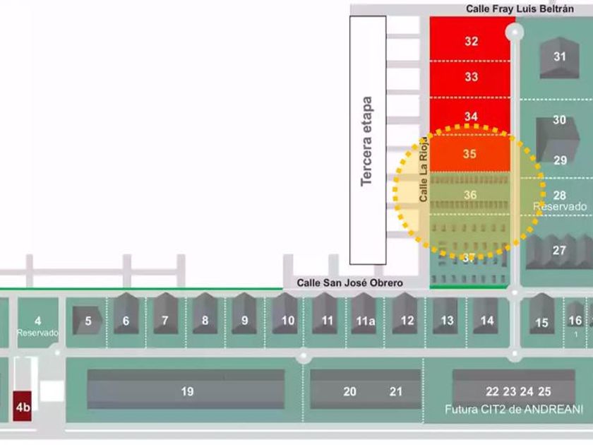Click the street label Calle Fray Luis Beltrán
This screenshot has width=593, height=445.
tap(520, 8)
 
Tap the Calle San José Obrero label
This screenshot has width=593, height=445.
tap(349, 283)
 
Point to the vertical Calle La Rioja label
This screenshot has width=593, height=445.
tap(424, 170)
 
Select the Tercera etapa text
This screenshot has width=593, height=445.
tap(366, 141)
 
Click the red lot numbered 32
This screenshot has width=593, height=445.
tap(471, 41)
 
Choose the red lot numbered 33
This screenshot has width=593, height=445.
tap(471, 76)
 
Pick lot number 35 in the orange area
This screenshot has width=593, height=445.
tap(469, 153)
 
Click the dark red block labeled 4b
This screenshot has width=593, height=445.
tap(23, 407)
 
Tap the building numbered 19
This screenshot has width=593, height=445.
tap(186, 391)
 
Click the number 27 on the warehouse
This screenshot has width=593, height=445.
tap(560, 250)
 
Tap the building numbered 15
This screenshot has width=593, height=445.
tap(541, 322)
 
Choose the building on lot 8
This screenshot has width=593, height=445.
tap(205, 320)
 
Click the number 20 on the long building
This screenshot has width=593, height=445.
tap(349, 391)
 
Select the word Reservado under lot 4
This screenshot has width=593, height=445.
tap(37, 332)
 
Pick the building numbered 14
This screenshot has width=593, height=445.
tap(487, 320)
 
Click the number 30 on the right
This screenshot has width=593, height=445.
tap(559, 120)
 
